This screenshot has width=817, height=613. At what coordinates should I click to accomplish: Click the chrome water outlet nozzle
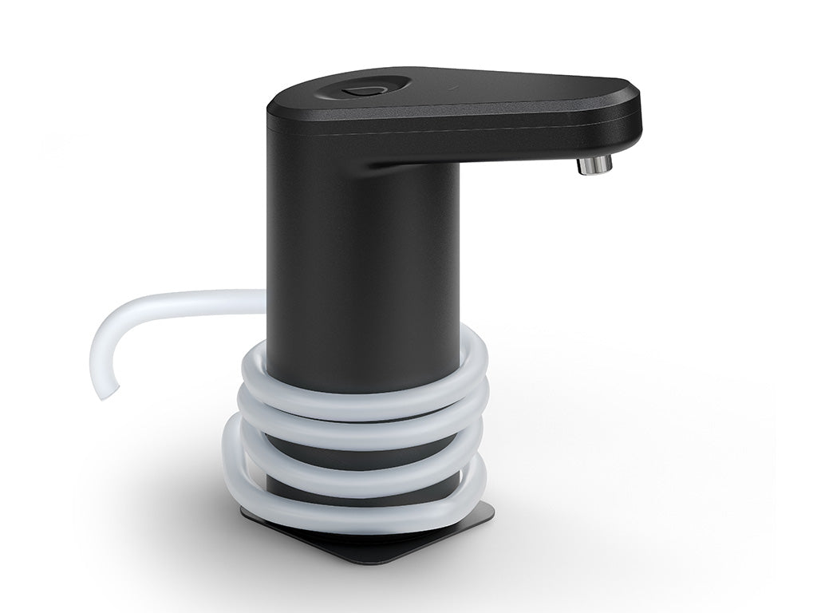pos(595,165)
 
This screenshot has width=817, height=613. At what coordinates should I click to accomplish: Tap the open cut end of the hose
pos(106,391)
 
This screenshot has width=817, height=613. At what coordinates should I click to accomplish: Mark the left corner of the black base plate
pos(244,515)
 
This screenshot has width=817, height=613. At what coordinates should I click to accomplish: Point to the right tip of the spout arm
pos(638,112)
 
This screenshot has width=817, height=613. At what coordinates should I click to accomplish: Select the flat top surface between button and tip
pos(511,88)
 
